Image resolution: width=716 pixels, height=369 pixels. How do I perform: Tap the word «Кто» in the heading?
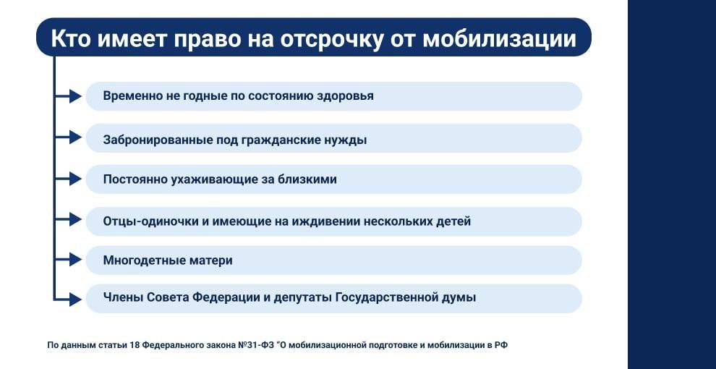[x=71, y=38]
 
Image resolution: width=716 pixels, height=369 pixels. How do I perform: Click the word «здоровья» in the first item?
[x=345, y=96]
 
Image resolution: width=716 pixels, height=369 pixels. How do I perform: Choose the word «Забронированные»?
[x=158, y=140]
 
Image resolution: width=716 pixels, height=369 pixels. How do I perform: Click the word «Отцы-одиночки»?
[x=150, y=221]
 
